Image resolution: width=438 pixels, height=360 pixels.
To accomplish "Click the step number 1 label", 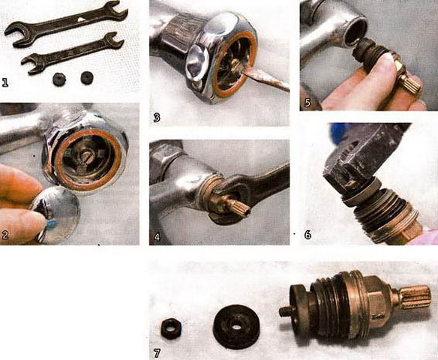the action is tap(5, 82).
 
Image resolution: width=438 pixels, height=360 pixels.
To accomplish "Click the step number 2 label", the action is tap(5, 235).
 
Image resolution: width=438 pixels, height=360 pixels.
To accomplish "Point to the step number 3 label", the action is tap(157, 118).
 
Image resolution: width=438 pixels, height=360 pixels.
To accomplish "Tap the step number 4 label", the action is tap(157, 238).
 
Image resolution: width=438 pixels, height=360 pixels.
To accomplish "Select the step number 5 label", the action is tap(307, 103).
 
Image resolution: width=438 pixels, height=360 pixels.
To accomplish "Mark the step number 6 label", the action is tap(307, 235).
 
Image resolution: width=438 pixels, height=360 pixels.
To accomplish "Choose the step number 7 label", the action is tap(157, 353).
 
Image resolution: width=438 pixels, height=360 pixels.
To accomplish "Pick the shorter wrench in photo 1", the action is tap(73, 53).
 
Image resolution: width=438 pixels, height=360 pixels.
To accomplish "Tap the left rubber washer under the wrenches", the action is tap(59, 79).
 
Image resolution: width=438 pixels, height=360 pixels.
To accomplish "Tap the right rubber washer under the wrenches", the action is tap(87, 78).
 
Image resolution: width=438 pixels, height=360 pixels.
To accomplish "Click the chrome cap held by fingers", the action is tap(55, 214).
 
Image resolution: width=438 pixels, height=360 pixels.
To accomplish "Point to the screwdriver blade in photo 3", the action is tap(265, 79).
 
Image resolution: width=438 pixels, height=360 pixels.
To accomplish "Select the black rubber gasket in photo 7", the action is tap(236, 327).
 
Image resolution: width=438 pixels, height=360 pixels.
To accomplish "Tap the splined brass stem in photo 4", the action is tap(236, 205).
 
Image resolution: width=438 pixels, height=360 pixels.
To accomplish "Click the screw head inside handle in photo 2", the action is tap(85, 158).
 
